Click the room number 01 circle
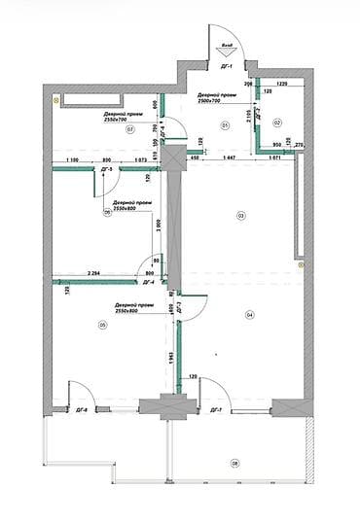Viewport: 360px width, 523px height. [x=224, y=125]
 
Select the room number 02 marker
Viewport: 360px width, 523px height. [x=276, y=122]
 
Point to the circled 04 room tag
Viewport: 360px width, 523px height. [x=249, y=314]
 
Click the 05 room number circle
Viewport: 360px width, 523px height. [x=101, y=326]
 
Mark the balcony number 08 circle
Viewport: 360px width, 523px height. [x=234, y=463]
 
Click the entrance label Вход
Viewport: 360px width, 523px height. [x=226, y=45]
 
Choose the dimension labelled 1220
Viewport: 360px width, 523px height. [x=283, y=87]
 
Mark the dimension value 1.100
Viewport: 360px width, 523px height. [x=71, y=157]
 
